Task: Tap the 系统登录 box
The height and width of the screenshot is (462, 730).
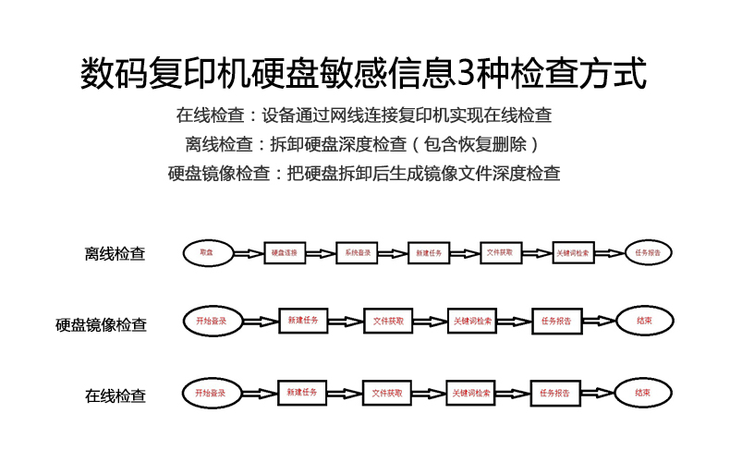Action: click(x=358, y=252)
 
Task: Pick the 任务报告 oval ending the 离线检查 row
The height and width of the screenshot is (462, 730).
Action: click(x=648, y=251)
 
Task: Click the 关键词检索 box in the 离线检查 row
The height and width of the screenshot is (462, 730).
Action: click(x=576, y=252)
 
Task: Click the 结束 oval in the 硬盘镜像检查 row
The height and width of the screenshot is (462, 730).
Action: click(x=644, y=321)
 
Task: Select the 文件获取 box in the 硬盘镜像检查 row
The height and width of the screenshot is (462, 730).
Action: click(x=388, y=321)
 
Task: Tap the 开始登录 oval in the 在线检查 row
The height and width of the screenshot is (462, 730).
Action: click(x=210, y=393)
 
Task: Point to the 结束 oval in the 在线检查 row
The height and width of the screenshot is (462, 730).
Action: click(x=642, y=393)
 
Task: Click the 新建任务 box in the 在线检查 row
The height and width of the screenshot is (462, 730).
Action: click(x=302, y=393)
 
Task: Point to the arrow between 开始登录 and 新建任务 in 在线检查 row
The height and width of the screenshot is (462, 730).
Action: click(x=257, y=394)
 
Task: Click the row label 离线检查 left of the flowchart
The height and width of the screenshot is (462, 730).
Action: click(x=115, y=253)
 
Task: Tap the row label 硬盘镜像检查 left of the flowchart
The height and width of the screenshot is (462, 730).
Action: click(x=101, y=324)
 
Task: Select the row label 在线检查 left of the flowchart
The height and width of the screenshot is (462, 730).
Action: click(x=116, y=395)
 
